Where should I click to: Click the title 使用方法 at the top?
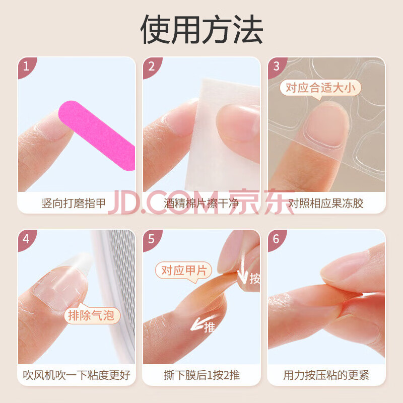201,29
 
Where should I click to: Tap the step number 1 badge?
26,66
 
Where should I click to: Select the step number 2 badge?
151,66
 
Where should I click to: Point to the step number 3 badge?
276,66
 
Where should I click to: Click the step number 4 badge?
26,239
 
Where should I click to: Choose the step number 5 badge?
151,239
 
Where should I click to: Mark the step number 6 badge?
276,239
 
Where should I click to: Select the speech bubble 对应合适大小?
320,89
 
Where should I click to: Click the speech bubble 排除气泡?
91,315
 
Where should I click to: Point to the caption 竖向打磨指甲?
74,204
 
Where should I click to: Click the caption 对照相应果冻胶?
325,204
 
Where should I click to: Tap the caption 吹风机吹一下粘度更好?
77,375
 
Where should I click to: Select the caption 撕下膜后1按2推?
202,375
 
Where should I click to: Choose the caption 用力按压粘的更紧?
326,375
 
